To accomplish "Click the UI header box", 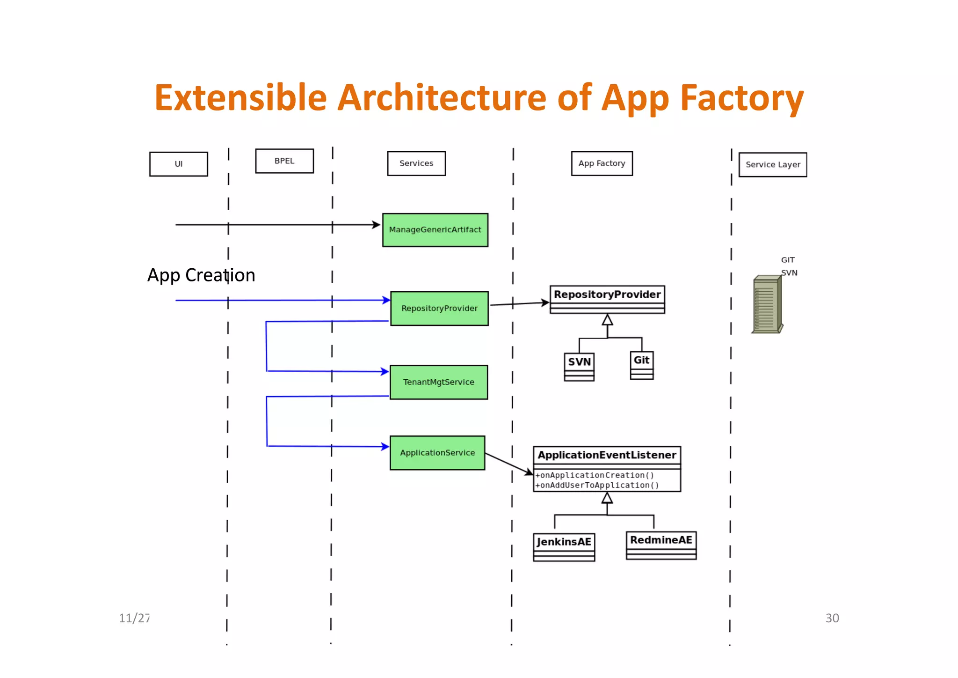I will click(x=178, y=164).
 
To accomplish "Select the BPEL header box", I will click(x=284, y=161).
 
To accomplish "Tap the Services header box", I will click(x=416, y=163).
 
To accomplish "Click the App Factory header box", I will click(x=602, y=163).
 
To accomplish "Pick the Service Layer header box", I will click(x=773, y=165).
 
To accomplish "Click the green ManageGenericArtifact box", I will click(x=435, y=230).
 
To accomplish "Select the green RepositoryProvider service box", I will click(x=439, y=309).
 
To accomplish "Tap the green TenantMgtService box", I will click(x=439, y=382).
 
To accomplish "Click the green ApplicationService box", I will click(x=437, y=453).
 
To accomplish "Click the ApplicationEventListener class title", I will click(x=607, y=455).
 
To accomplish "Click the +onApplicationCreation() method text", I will click(x=595, y=475).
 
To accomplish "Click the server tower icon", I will click(x=767, y=304).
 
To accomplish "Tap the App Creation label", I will click(x=201, y=275).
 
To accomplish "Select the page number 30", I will click(x=832, y=618).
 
